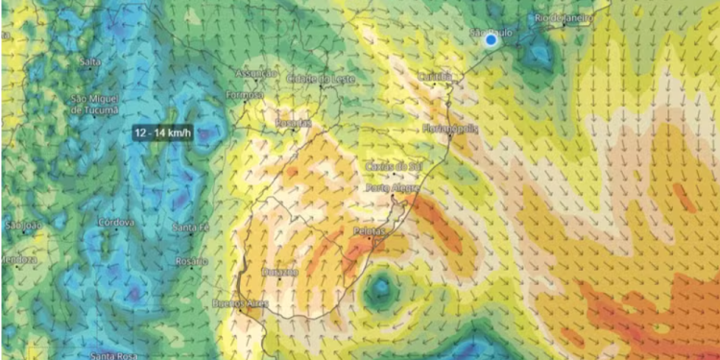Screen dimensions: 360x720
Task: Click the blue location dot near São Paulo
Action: pos(492,40)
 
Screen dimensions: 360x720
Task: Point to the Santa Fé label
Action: pos(190,227)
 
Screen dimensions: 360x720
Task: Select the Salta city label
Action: pos(91,61)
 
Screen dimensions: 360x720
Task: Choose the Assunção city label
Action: pos(255,73)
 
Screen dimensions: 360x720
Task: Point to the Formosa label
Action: pos(244,95)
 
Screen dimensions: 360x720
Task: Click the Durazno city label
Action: pos(279,272)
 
